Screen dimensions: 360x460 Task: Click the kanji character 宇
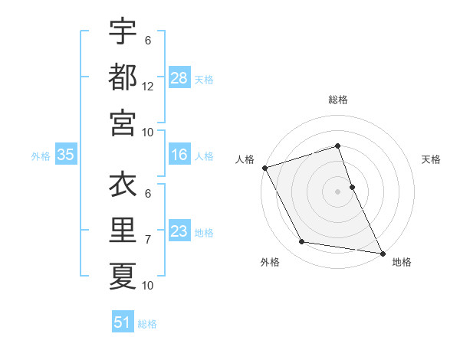pos(122,31)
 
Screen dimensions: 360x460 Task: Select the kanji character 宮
pos(122,120)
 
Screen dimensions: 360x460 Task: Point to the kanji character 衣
pos(122,186)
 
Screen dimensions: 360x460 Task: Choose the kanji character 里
pos(122,231)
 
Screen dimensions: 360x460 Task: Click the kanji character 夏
pos(122,275)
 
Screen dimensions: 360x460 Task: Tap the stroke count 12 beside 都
pos(147,87)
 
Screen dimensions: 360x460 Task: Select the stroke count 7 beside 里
pos(147,240)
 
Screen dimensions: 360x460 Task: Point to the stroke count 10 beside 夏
pos(147,286)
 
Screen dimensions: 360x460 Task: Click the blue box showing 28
pos(179,77)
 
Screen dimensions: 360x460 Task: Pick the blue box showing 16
pos(179,155)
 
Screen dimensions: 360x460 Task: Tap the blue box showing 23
pos(179,231)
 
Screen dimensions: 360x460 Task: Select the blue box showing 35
pos(66,155)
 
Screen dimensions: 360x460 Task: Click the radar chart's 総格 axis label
pos(337,100)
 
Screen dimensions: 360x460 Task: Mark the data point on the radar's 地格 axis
pos(382,253)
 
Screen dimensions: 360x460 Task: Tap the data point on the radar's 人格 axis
pos(264,168)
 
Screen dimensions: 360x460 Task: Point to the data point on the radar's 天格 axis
pos(352,187)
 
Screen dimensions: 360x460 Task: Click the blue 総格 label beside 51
pos(147,324)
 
